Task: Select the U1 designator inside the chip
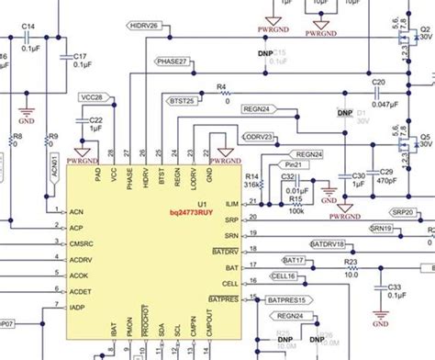point(204,202)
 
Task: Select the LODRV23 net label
point(258,137)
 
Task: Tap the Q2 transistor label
point(425,29)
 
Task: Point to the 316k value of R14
point(250,183)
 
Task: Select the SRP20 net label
point(402,212)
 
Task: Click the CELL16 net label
point(284,276)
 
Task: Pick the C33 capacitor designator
point(396,287)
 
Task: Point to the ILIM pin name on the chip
point(231,202)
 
